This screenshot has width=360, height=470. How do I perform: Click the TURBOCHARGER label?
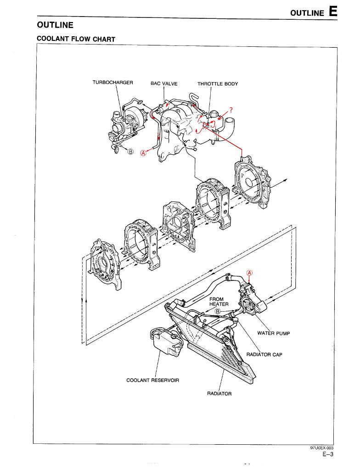click(x=112, y=83)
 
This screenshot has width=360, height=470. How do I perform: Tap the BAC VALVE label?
click(x=164, y=84)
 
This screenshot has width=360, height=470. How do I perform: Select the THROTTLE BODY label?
click(x=218, y=84)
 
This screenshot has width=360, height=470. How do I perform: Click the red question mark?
click(x=231, y=110)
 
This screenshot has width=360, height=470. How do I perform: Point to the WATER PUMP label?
click(x=274, y=333)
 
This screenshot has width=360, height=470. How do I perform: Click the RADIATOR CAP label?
click(x=264, y=355)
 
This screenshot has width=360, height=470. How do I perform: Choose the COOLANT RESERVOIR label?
click(x=152, y=380)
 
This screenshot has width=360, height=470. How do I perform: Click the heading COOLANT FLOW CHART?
click(x=76, y=39)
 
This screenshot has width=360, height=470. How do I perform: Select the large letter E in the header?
click(x=333, y=11)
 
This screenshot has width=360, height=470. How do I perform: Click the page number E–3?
click(x=327, y=455)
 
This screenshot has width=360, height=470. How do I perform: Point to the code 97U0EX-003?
click(x=321, y=448)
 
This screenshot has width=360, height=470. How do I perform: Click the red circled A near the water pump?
click(x=250, y=273)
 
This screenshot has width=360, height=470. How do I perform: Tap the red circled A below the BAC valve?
click(x=143, y=154)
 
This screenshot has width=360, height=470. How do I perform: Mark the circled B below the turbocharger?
click(x=130, y=151)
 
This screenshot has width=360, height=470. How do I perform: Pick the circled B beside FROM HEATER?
click(x=219, y=311)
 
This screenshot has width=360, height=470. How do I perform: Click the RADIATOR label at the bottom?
click(x=219, y=393)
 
